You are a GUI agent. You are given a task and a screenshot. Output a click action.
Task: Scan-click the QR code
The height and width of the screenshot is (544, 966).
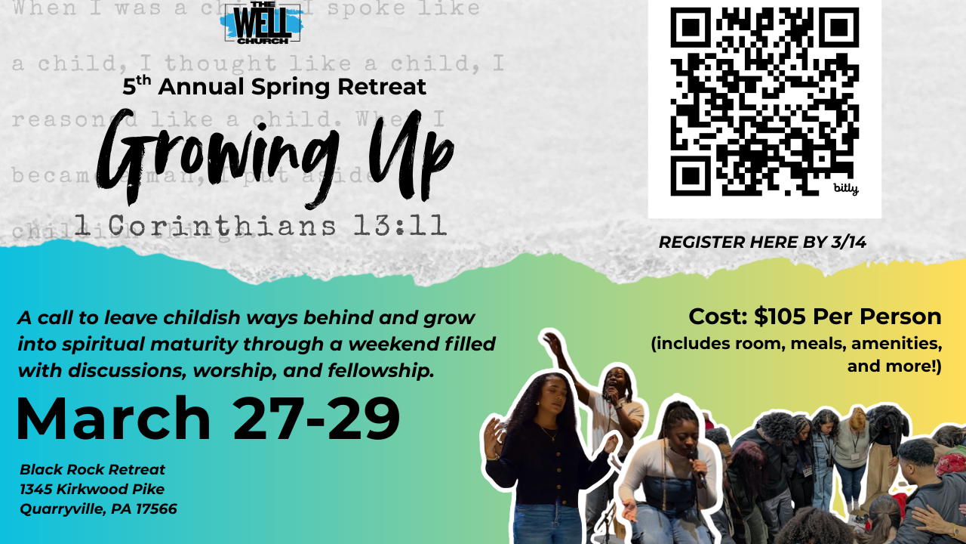click(x=764, y=101)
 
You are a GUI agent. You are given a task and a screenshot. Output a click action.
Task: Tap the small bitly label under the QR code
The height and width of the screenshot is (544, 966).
click(x=846, y=188)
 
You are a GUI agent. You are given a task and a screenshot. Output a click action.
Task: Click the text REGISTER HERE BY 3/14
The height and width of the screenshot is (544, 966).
click(x=762, y=243)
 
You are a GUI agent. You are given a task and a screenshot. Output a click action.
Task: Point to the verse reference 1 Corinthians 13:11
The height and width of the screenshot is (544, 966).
click(x=260, y=224)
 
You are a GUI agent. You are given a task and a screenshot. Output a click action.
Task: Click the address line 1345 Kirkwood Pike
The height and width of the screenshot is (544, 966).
click(x=92, y=490)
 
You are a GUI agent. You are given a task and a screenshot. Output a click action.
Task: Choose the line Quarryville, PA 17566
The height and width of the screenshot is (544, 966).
click(x=99, y=509)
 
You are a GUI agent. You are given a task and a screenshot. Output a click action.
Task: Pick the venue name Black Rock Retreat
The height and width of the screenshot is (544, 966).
click(x=93, y=470)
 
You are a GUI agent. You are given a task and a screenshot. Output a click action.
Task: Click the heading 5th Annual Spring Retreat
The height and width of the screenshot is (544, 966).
click(x=275, y=86)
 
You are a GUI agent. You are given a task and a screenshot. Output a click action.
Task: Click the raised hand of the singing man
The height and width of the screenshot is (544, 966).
click(x=553, y=344)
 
